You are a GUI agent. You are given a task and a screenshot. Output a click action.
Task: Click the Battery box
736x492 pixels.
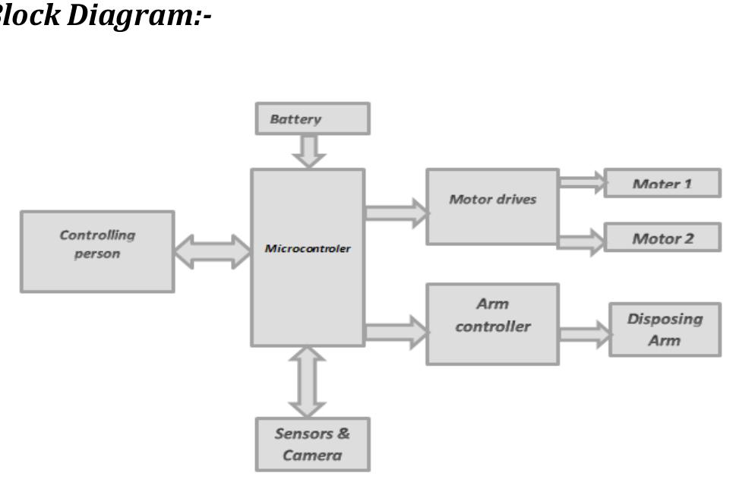(x=312, y=119)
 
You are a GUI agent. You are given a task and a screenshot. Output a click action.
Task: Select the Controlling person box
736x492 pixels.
(x=97, y=251)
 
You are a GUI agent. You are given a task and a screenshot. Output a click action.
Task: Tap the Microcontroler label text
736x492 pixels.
(x=308, y=248)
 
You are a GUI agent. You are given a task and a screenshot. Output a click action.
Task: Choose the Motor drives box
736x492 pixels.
(x=492, y=207)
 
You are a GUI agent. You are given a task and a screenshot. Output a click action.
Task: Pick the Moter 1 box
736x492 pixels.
(x=662, y=184)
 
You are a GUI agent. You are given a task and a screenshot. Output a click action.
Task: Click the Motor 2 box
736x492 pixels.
(x=662, y=238)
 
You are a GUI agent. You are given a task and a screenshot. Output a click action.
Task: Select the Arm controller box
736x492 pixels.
(x=492, y=324)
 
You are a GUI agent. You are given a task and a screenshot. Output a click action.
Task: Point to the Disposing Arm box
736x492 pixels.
(x=665, y=329)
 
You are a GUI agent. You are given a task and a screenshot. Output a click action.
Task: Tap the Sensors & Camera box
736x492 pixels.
(x=312, y=444)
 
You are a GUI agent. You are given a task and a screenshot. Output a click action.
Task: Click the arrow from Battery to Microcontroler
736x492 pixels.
(x=309, y=151)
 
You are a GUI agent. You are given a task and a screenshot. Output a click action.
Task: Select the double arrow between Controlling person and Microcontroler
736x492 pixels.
(x=213, y=251)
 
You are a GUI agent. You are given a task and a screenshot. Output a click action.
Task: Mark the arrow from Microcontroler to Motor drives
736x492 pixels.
(x=396, y=212)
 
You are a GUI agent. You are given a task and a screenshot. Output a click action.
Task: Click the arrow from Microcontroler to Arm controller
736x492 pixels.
(x=396, y=332)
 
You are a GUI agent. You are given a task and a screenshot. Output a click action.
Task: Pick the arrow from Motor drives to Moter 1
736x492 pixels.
(x=582, y=182)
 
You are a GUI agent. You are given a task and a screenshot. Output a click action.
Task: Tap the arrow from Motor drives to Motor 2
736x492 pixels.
(x=582, y=241)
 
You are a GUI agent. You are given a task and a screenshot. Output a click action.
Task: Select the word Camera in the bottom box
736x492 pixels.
(x=312, y=456)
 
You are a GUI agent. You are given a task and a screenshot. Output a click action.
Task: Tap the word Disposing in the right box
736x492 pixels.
(x=665, y=318)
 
